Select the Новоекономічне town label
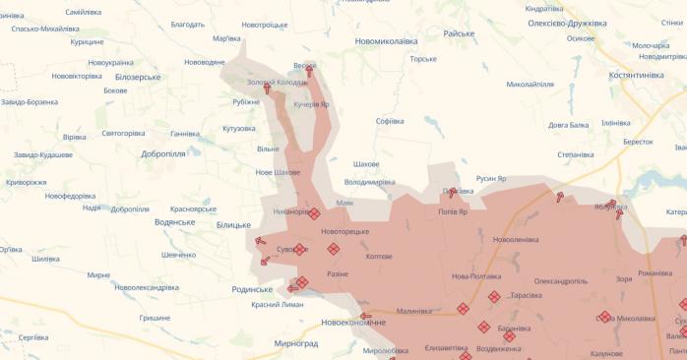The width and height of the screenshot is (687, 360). (353, 322)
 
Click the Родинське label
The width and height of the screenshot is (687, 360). (252, 289)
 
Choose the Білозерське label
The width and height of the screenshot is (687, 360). (138, 76)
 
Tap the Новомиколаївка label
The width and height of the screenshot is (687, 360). (386, 41)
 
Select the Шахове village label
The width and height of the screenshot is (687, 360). (366, 163)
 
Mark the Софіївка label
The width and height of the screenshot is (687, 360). (390, 121)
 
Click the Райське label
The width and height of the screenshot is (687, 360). (459, 33)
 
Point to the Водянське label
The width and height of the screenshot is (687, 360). (175, 222)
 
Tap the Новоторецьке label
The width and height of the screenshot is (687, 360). (344, 231)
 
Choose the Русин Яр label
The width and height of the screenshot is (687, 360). (491, 178)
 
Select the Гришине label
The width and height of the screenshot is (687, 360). (154, 318)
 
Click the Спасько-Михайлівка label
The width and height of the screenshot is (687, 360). (45, 29)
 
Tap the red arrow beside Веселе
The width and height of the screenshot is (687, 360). (309, 72)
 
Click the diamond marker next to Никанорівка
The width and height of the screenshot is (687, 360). (314, 213)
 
